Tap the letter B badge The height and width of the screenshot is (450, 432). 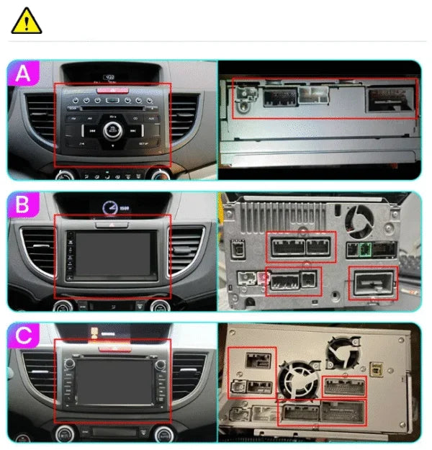click(x=24, y=206)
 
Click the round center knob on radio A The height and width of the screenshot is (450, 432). click(x=112, y=130)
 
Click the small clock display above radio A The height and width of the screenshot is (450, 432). click(x=110, y=76)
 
